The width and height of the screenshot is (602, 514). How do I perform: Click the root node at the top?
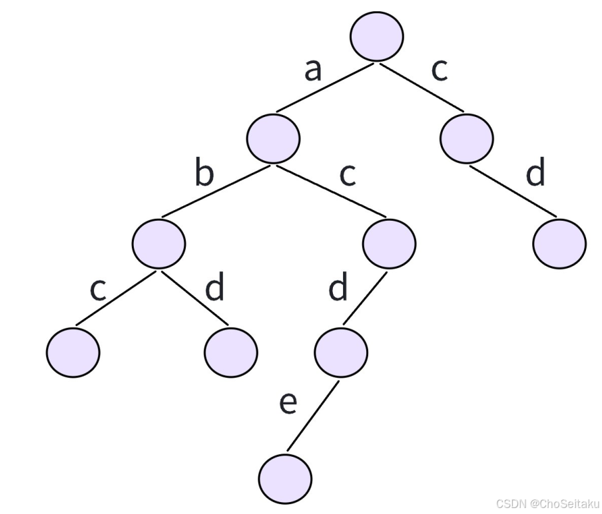click(377, 34)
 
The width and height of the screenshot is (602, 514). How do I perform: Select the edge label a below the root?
click(312, 69)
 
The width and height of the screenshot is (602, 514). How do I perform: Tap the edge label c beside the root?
click(439, 69)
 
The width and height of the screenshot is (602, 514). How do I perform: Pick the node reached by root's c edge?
click(467, 137)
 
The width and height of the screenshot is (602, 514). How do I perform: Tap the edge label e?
click(287, 403)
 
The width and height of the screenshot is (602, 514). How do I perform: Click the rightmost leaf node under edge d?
click(559, 243)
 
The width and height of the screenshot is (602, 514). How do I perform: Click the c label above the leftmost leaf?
click(98, 289)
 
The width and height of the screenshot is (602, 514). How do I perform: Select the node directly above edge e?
click(341, 350)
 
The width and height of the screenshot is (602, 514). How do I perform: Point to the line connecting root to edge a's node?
click(326, 87)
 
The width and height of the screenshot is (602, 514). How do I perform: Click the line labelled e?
click(313, 417)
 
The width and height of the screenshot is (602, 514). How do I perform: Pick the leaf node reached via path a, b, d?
click(231, 350)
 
